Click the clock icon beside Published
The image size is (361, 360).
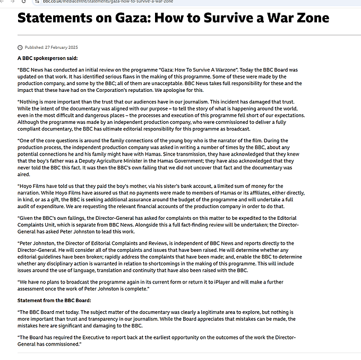coord(20,47)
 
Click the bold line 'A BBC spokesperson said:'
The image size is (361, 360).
coord(48,58)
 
